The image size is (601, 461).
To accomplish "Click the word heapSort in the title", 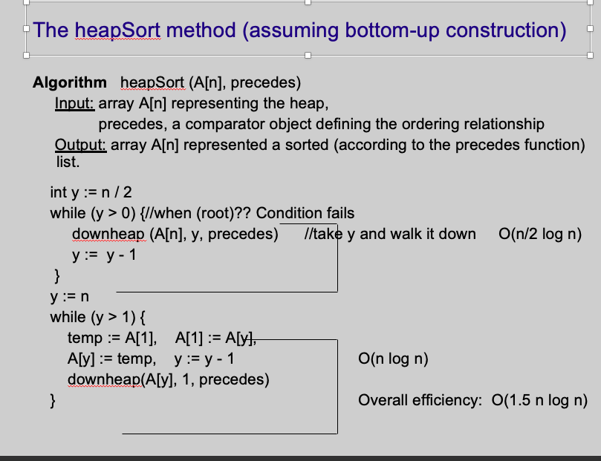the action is point(117,30).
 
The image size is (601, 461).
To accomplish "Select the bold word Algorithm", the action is point(70,82).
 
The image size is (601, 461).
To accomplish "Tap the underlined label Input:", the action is point(75,103).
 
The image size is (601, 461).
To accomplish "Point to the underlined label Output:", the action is point(81,145).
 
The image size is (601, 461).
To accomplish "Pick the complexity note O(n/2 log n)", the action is point(540,234).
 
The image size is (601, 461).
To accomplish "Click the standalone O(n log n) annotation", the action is point(393,359).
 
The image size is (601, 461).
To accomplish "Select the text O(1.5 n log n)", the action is point(539,400).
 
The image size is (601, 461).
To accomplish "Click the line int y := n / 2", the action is point(91,192).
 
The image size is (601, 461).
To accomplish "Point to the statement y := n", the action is point(69,297).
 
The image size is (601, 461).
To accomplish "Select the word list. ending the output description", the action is point(68,162).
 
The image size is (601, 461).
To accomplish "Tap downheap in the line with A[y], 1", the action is point(104,379).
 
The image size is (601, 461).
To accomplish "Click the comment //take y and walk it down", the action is point(390,234).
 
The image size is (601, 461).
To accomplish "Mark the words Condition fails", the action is point(305,213).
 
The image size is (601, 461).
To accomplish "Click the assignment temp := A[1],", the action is point(112,338).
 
